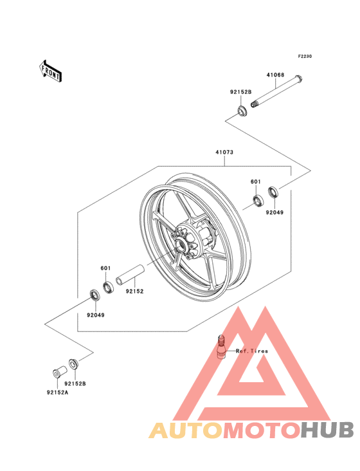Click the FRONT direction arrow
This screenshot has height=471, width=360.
coord(50,71)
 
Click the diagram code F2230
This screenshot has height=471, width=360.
coord(305,56)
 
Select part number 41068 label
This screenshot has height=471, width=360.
coord(275,75)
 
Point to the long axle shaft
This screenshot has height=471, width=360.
coord(276,91)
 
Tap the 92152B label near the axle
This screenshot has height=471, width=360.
coord(240,92)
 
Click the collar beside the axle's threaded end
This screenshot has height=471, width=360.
coord(242,111)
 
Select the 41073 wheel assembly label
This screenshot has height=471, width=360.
coord(224,152)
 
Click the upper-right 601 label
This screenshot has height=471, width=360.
coord(256,181)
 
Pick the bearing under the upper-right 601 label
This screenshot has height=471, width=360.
coord(258,201)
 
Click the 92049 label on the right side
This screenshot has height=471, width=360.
coord(274,212)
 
